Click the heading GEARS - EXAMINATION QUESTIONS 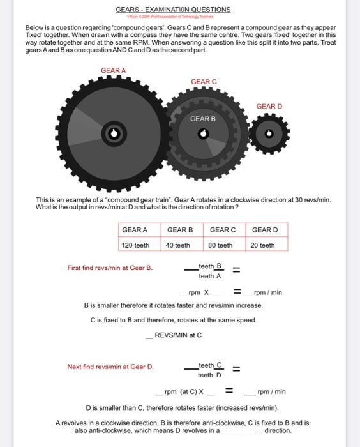[173, 10]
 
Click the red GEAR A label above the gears [114, 70]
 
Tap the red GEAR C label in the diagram [204, 82]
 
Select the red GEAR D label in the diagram [269, 106]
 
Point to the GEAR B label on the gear [203, 119]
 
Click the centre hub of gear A [114, 133]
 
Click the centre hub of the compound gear [203, 133]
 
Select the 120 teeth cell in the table [135, 245]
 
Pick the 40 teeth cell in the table [178, 245]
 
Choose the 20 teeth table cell [263, 245]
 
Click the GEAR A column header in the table [135, 230]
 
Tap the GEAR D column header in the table [265, 230]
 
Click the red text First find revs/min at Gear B [110, 268]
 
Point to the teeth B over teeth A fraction [210, 271]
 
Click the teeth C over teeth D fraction [210, 370]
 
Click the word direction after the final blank [278, 431]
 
